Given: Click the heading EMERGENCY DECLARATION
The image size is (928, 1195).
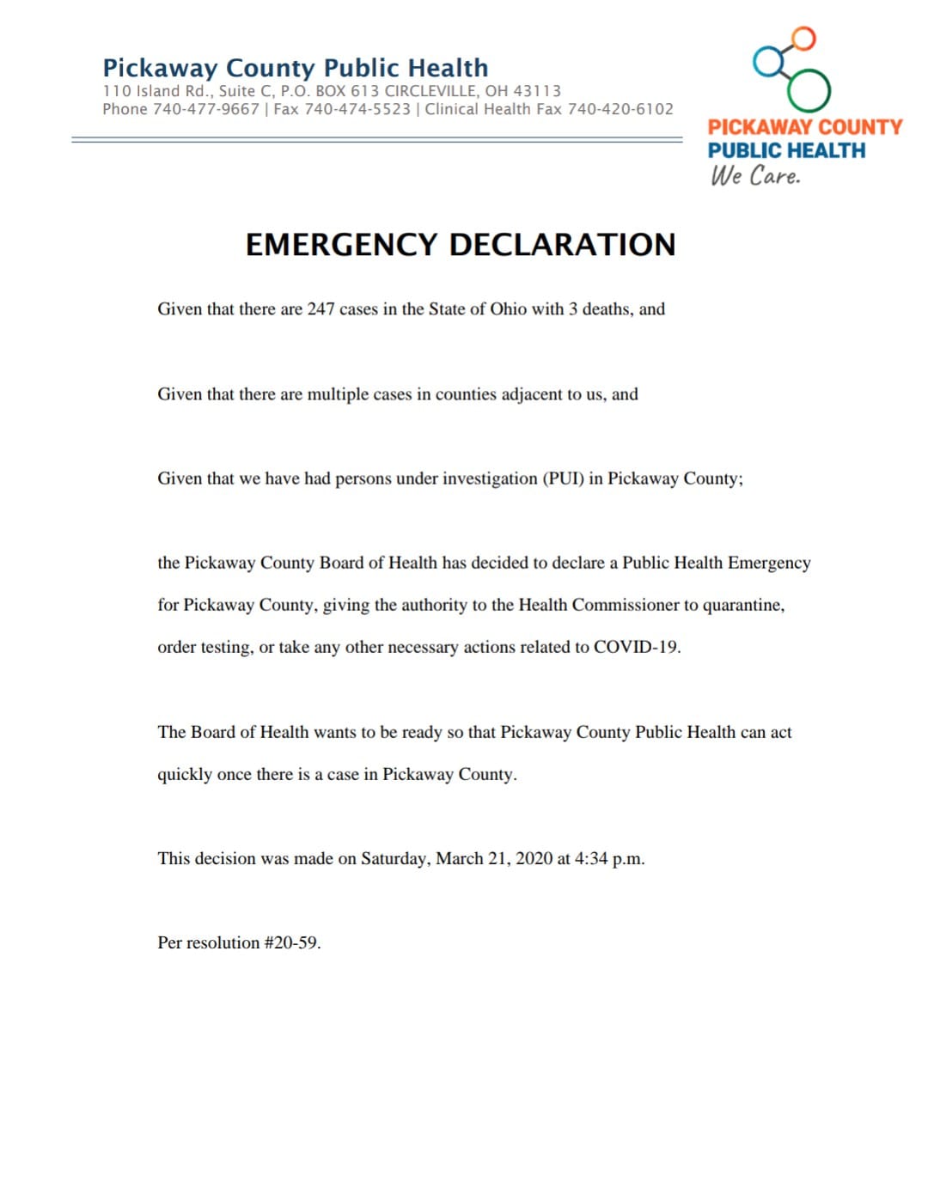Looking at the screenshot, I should (x=461, y=245).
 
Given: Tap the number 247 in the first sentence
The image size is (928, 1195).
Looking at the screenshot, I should (x=321, y=309).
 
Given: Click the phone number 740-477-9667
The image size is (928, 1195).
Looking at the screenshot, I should (x=205, y=109).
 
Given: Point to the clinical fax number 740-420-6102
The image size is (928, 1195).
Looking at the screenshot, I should (x=620, y=109).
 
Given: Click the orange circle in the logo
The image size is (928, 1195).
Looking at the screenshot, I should (x=803, y=38).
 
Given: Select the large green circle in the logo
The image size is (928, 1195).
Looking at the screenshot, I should (x=809, y=90).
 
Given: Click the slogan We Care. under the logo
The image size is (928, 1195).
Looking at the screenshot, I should (x=755, y=175).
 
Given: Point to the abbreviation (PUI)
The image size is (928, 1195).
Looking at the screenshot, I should (x=563, y=479).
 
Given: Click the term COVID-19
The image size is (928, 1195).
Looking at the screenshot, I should (x=636, y=647).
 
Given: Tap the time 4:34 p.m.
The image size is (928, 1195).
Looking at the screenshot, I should (x=609, y=858).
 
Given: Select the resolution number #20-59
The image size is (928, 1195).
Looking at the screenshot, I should (x=292, y=942).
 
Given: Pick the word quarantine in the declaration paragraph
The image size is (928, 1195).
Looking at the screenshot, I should (x=742, y=605).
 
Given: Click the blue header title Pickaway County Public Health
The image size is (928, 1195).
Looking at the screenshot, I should (x=295, y=68).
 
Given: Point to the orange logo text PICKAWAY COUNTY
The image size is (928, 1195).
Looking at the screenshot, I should (x=805, y=127).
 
